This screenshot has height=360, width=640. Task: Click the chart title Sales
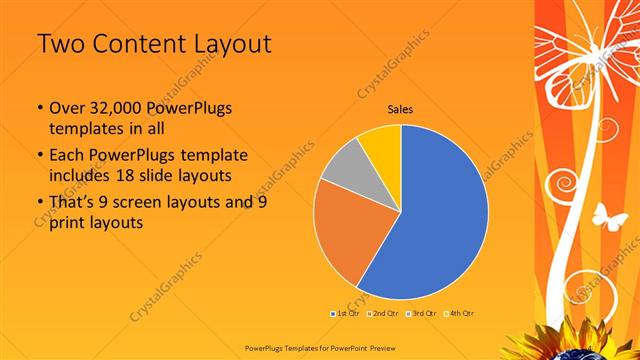(x=401, y=109)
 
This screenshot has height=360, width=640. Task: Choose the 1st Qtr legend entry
(x=346, y=313)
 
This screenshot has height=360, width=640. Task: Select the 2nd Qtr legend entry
(x=384, y=313)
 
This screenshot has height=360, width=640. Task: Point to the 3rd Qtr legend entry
(x=423, y=313)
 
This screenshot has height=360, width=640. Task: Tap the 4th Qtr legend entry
(x=461, y=313)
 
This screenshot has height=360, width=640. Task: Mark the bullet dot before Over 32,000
(x=38, y=107)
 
